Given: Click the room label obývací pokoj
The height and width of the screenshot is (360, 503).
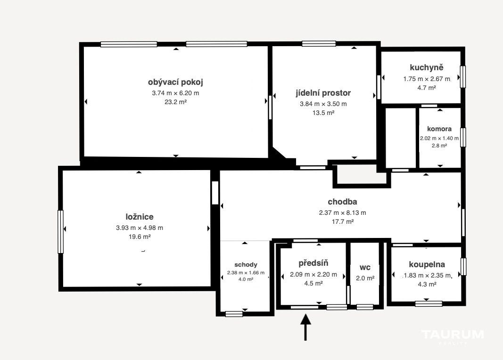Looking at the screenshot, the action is tap(175, 82).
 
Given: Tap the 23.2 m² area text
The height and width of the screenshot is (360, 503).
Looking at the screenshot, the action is tap(175, 102).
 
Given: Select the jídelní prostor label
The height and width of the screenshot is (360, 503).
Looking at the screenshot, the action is tap(323, 93).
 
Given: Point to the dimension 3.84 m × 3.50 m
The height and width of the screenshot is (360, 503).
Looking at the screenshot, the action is tap(323, 104).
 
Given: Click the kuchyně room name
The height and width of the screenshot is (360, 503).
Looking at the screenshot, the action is tap(427, 67).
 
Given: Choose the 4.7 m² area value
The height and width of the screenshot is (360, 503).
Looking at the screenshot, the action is tap(427, 88).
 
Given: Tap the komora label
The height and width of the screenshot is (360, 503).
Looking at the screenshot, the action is tap(439, 129).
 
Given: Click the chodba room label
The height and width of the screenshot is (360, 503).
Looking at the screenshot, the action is tap(342, 202).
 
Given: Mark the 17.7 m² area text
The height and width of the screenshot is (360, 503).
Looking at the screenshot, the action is tap(342, 221).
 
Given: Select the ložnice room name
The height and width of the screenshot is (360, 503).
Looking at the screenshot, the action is tap(140, 217).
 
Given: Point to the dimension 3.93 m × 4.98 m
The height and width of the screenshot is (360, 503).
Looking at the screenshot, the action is tap(140, 228).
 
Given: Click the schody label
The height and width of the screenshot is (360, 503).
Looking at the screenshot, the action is tap(246, 265).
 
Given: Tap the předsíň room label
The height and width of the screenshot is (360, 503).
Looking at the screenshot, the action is tap(313, 263).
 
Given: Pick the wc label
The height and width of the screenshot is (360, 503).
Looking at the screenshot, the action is tap(365, 267).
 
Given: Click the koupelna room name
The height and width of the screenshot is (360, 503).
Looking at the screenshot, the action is tap(427, 264).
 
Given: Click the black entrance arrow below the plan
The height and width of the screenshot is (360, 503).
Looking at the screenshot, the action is tap(305, 327).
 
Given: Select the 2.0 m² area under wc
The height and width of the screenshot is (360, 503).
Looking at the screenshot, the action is tap(365, 278).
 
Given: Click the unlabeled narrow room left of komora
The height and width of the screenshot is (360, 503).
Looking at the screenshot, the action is tap(400, 138).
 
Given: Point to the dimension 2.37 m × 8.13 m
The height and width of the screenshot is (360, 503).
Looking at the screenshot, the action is tap(342, 213).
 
